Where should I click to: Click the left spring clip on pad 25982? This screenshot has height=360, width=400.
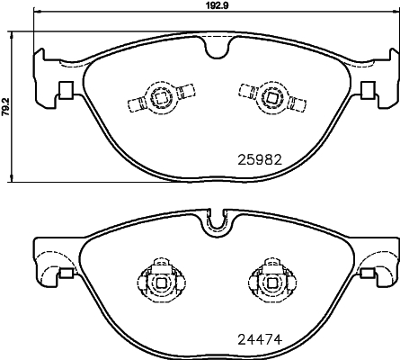pyautogui.click(x=161, y=97)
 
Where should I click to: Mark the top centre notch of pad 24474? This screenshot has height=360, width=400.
pyautogui.click(x=214, y=220)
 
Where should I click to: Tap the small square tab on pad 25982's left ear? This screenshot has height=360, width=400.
pyautogui.click(x=65, y=91)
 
